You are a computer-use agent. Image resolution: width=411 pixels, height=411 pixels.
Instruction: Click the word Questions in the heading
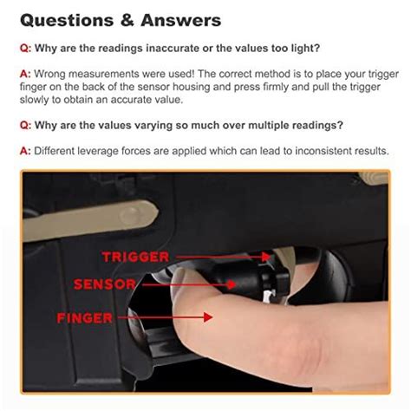tap(68, 19)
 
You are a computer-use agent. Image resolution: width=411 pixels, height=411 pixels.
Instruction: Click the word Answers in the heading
tap(179, 19)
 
